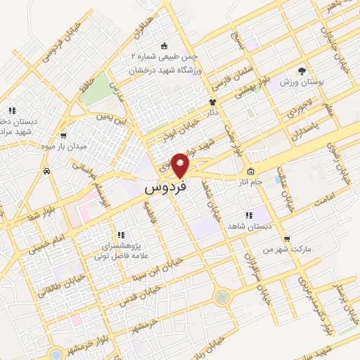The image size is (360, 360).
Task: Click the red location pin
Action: (x=181, y=165)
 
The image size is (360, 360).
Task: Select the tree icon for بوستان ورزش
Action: (x=302, y=70)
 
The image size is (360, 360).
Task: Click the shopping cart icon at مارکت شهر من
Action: (x=286, y=238)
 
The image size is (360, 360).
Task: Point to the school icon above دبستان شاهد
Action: (x=247, y=215)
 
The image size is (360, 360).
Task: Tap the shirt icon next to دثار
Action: (x=211, y=101)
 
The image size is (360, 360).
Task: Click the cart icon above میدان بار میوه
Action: (x=64, y=136)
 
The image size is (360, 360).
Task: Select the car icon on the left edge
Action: (x=46, y=170)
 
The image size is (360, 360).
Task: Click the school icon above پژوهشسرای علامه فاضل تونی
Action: (x=120, y=235)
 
